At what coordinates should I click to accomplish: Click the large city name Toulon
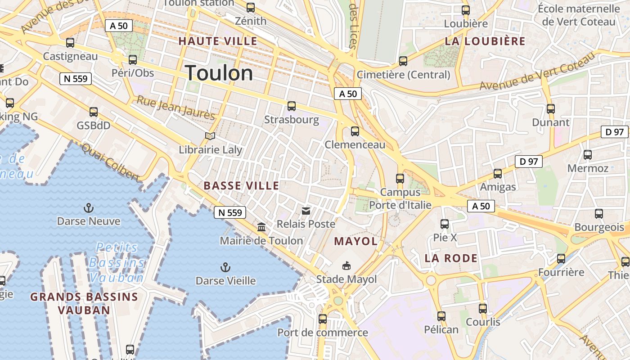coord(219,73)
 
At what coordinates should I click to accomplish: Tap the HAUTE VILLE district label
coord(218,41)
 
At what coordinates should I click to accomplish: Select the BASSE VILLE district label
coord(241,185)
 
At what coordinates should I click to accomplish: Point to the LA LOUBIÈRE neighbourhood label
coord(485,41)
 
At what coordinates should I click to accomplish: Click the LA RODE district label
coord(451,258)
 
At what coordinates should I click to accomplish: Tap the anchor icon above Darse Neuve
coord(89,208)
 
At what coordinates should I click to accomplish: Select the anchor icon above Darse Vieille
coord(225,268)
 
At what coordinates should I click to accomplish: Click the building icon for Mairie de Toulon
coord(261,227)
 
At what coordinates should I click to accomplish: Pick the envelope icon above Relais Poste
coord(306,211)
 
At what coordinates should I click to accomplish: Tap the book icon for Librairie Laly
coord(210,136)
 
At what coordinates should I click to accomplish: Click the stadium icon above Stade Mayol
coord(346,265)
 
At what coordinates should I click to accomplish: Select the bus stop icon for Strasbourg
coord(292,106)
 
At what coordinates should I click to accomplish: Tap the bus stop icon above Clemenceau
coord(355,131)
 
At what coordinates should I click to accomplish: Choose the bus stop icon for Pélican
coord(441,316)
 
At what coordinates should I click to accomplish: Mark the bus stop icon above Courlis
coord(483,309)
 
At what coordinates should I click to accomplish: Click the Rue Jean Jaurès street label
coord(175,108)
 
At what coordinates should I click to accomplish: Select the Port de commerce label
coord(322,333)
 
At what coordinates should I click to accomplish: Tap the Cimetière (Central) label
coord(403,75)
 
